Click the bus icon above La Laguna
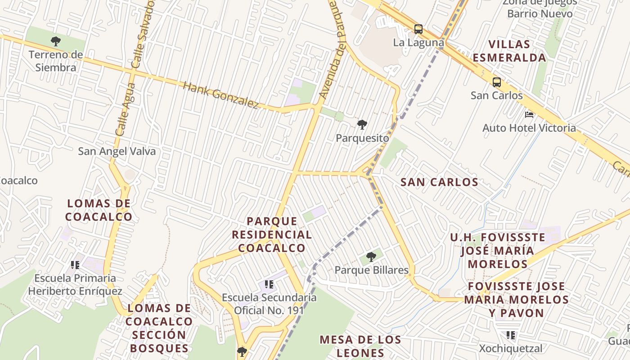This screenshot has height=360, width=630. (x=418, y=29)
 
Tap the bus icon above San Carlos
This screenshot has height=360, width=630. (x=497, y=82)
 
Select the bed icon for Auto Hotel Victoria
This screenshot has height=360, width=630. (x=529, y=115)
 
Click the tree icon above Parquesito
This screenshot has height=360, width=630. (x=362, y=125)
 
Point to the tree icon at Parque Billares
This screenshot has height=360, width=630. (x=371, y=257)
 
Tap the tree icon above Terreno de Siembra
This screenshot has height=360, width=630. (x=56, y=41)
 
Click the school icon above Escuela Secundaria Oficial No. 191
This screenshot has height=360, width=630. (x=269, y=284)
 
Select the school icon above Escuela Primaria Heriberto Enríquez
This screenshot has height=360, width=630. (x=75, y=265)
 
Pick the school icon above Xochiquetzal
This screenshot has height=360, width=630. (x=511, y=335)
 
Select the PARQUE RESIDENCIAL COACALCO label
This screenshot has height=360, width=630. (x=272, y=234)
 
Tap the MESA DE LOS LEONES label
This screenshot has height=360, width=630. (x=360, y=346)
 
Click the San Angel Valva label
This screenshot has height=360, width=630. (x=117, y=151)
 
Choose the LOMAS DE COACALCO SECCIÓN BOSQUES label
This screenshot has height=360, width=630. (x=159, y=328)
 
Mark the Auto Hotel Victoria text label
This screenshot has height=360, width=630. (x=529, y=128)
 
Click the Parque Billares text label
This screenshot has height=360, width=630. (x=371, y=270)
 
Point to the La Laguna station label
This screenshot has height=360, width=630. (x=418, y=43)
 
